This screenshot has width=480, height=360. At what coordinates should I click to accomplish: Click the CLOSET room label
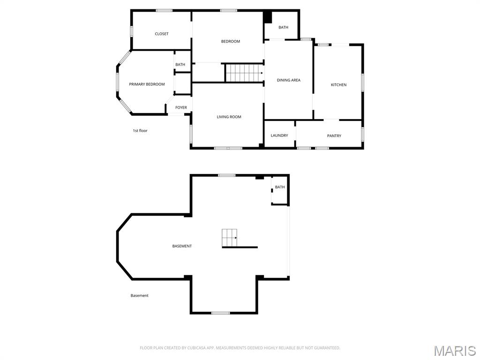[x=162, y=34]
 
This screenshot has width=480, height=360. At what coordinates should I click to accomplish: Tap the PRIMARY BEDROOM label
[x=147, y=84]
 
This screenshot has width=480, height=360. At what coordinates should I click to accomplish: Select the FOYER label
[x=181, y=108]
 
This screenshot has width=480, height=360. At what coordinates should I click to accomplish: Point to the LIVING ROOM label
[x=229, y=117]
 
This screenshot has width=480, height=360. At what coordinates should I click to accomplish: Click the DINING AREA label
[x=288, y=80]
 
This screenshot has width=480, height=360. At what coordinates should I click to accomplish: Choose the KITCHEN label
[x=338, y=85]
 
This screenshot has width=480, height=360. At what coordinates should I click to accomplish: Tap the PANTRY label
[x=334, y=136]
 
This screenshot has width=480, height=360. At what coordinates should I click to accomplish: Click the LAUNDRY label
[x=279, y=136]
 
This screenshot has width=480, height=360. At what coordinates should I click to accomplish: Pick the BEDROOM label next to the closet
[x=230, y=42]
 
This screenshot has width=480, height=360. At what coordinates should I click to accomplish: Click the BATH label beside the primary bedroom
[x=180, y=65]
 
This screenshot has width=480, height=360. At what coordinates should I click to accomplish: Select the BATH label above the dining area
[x=283, y=28]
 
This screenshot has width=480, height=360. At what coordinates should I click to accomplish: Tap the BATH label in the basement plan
[x=280, y=187]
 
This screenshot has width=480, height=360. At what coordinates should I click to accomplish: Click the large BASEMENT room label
[x=182, y=246]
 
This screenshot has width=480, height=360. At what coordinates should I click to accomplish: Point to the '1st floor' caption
[x=140, y=131]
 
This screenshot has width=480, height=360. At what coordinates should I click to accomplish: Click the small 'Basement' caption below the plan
[x=139, y=296]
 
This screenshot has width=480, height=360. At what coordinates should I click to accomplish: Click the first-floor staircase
[x=243, y=73]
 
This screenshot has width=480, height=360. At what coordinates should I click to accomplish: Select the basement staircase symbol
[x=230, y=238]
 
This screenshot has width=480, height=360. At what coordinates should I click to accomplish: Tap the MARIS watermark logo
[x=455, y=351]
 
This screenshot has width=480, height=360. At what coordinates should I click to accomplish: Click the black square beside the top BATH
[x=268, y=17]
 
